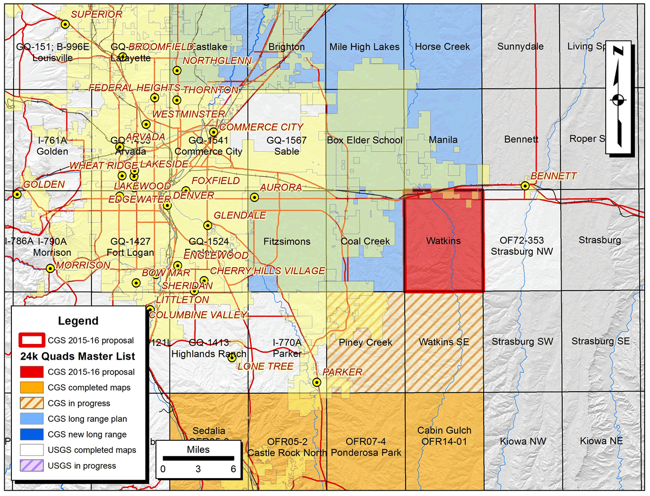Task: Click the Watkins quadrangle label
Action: (x=444, y=241)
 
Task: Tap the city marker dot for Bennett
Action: (x=525, y=186)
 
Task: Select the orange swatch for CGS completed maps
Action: (x=32, y=387)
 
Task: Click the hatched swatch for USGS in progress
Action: (x=32, y=465)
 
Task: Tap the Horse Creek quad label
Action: (x=443, y=47)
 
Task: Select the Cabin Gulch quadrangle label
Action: (x=444, y=431)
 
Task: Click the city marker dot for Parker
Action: (x=317, y=382)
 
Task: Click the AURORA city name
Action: (x=281, y=187)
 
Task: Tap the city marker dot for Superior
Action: (x=65, y=24)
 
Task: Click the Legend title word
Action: (x=78, y=321)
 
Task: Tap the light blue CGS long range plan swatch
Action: (x=32, y=419)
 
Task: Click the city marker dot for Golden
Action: (x=17, y=194)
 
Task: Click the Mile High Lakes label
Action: (x=365, y=47)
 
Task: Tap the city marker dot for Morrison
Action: (x=50, y=268)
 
